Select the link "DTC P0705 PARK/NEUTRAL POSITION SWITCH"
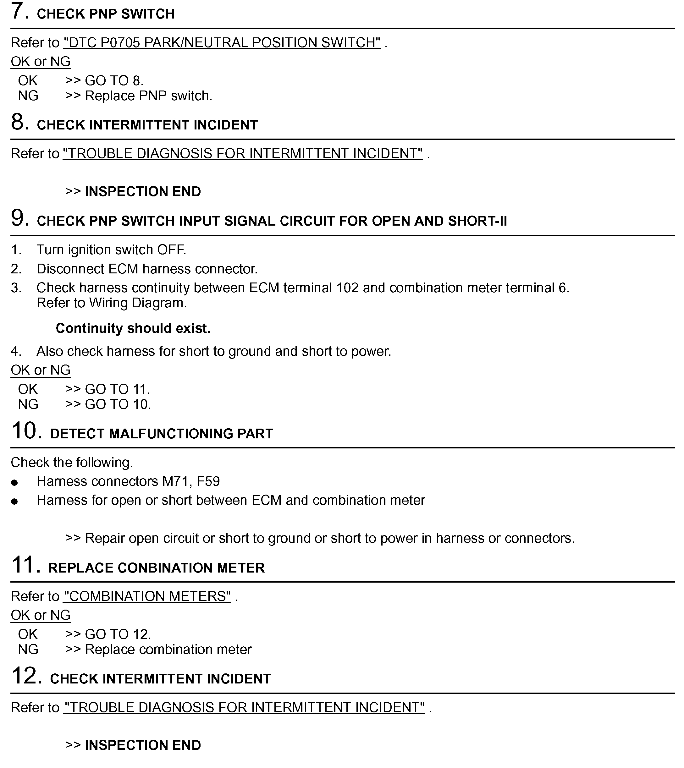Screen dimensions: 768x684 [222, 43]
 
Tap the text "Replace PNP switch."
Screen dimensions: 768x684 [148, 96]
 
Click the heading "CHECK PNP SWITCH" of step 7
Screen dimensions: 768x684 [106, 14]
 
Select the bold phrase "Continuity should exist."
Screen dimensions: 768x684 [133, 329]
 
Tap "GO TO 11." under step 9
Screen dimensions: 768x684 [117, 389]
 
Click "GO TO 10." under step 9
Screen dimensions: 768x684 [118, 405]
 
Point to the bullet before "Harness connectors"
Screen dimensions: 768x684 [14, 483]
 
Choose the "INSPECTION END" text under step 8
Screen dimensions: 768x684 [143, 192]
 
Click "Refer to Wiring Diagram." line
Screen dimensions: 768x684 [112, 303]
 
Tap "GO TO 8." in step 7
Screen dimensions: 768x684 [114, 81]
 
